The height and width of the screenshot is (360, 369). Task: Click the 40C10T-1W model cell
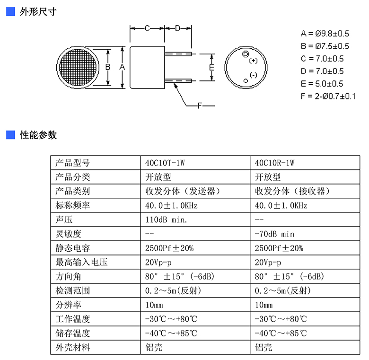165,163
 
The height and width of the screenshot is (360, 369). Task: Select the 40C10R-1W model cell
274,163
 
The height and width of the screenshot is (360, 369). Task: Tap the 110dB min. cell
166,220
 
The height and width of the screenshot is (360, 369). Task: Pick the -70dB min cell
274,234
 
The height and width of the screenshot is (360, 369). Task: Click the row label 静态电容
73,248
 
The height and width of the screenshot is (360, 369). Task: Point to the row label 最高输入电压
81,262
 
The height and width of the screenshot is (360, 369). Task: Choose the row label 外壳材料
73,347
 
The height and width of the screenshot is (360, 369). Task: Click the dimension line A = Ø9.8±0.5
325,34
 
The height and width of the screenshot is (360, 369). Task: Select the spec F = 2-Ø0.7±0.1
328,96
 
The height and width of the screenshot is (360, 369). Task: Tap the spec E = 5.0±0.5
322,84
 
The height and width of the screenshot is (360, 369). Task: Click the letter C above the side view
147,28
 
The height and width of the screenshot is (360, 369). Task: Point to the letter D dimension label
177,28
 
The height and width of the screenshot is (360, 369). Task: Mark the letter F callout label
200,106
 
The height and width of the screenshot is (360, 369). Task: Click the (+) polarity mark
253,61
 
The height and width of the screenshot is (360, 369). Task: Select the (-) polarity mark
253,75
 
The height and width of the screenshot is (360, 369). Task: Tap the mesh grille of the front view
78,67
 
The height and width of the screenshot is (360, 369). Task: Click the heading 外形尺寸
38,12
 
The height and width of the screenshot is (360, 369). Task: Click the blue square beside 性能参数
10,135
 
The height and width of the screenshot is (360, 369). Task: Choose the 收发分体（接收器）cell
292,191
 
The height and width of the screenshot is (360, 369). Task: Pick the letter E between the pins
211,68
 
